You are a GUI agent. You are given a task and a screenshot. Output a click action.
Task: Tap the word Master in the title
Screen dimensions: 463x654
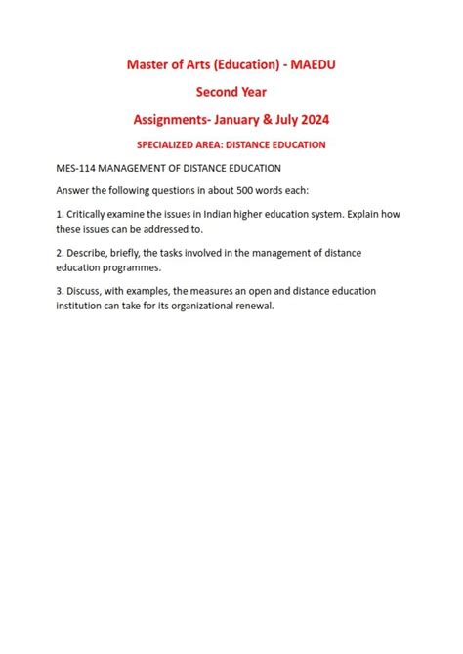pos(151,63)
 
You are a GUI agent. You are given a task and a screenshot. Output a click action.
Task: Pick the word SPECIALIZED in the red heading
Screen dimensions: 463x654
pos(176,144)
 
